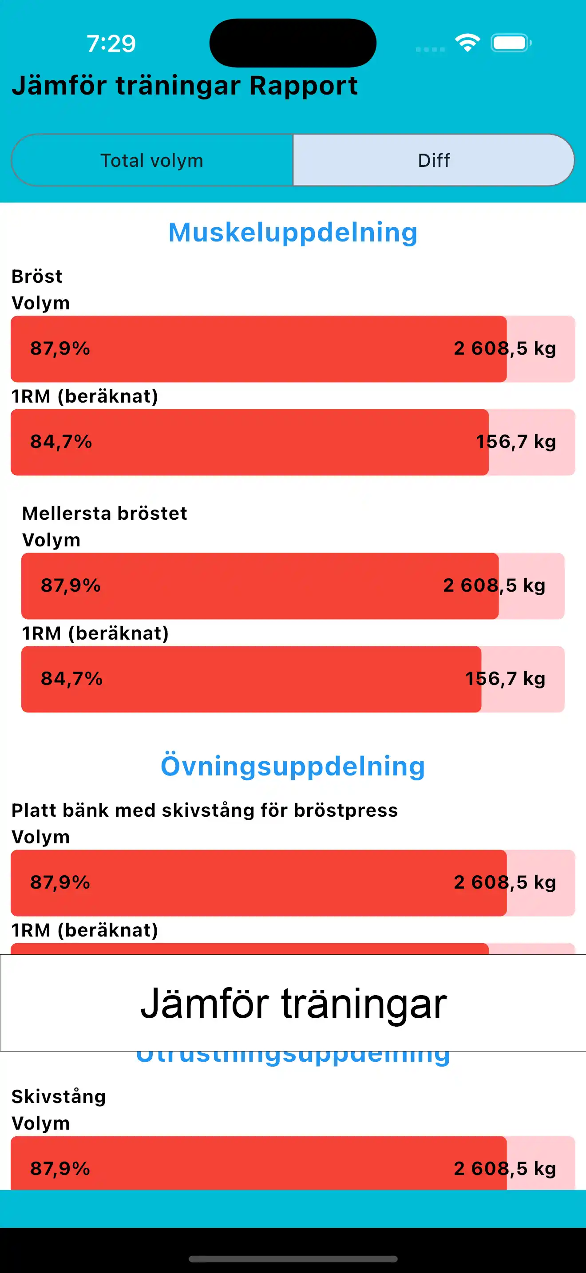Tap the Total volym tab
[x=152, y=161]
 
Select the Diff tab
[x=433, y=161]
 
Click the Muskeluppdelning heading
[x=293, y=232]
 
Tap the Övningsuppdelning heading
[x=293, y=766]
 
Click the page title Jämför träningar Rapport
[x=185, y=86]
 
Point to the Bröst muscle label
[x=37, y=276]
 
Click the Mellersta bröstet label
[x=105, y=514]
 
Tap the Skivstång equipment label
[x=59, y=1097]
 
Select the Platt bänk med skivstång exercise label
[x=205, y=810]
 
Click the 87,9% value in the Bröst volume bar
[x=60, y=348]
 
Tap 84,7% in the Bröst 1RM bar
[x=61, y=442]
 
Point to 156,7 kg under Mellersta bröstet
[x=505, y=679]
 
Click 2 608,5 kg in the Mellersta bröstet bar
[x=494, y=585]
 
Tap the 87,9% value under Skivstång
[x=60, y=1169]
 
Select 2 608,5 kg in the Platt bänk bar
[x=504, y=882]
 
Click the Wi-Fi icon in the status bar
[x=467, y=43]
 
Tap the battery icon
[x=511, y=43]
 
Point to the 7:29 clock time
[x=111, y=43]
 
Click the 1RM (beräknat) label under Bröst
[x=85, y=396]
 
